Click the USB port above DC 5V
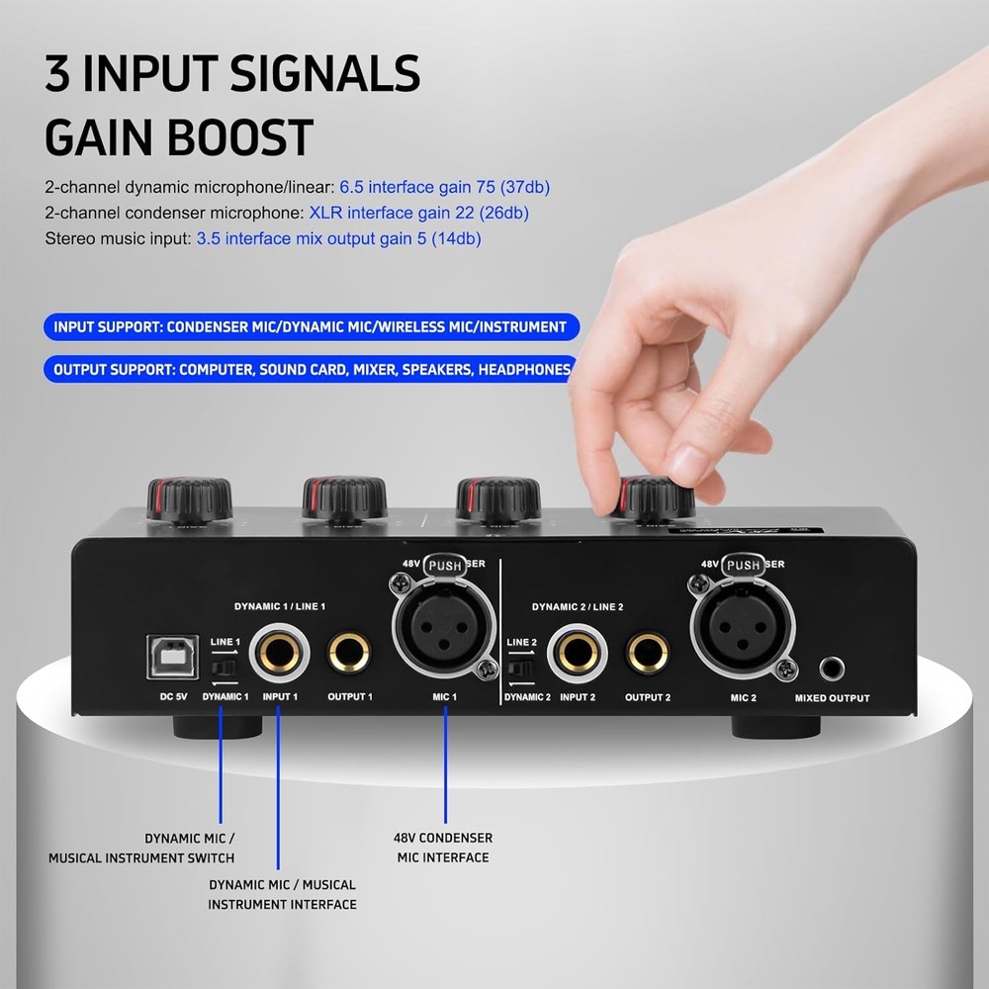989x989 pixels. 172,657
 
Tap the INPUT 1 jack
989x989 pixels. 280,654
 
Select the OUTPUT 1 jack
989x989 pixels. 349,654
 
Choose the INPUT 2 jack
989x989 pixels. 579,654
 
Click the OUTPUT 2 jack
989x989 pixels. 648,654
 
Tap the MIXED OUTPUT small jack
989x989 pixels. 832,670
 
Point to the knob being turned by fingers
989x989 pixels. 656,498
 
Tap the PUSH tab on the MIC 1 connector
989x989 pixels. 445,566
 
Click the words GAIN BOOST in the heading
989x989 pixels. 179,137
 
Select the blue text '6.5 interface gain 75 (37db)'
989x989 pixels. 444,186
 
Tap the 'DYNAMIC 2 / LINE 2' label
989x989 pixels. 578,606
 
